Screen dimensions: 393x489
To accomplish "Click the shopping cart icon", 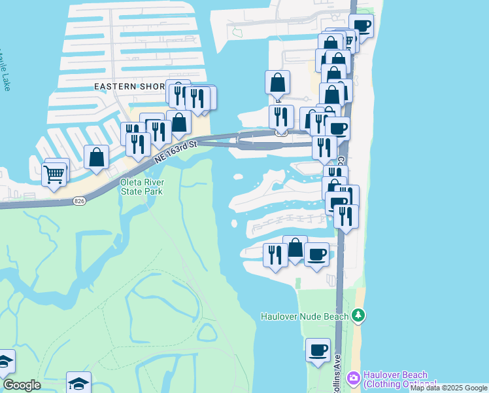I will click(x=54, y=175).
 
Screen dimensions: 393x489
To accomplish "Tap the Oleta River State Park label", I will click(x=141, y=187).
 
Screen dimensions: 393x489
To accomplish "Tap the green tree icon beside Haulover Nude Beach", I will click(x=358, y=316).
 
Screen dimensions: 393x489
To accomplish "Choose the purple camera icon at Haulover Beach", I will click(x=354, y=378).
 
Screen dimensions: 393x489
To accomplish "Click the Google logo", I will click(x=22, y=385).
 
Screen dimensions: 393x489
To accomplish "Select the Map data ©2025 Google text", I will click(x=448, y=388).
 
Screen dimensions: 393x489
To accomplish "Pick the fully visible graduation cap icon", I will click(x=78, y=382).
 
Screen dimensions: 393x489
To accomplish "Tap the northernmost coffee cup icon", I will click(x=362, y=27).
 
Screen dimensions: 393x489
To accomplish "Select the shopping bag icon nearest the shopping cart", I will click(x=97, y=157).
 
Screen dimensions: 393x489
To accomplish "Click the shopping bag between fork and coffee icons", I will click(x=295, y=248).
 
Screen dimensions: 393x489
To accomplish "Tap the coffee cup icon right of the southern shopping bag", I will click(x=316, y=254).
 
